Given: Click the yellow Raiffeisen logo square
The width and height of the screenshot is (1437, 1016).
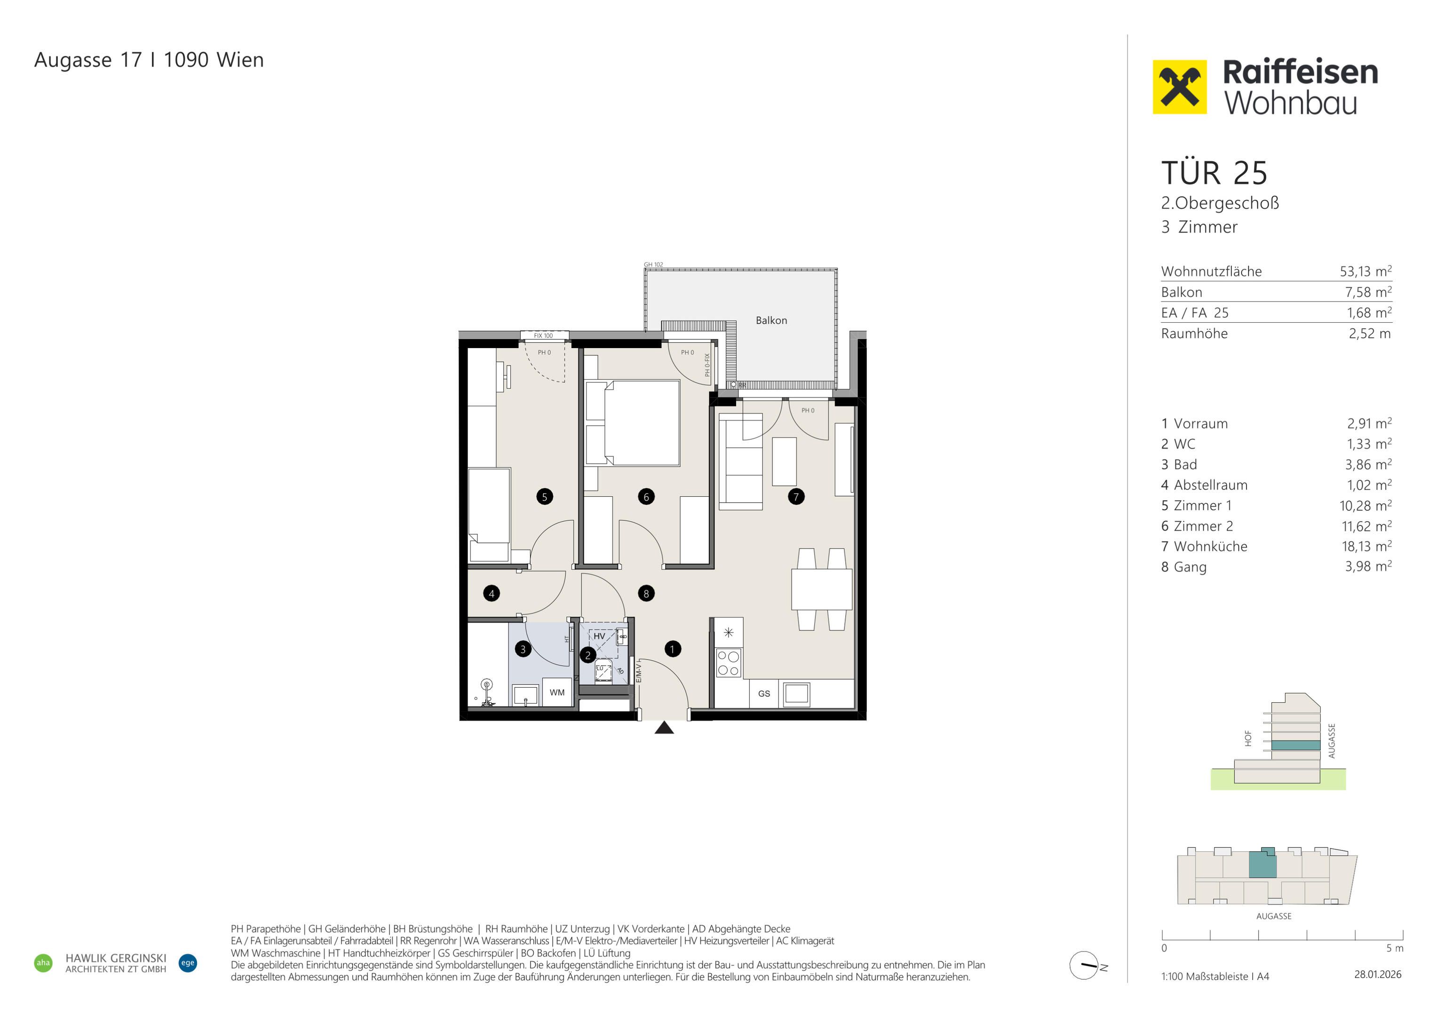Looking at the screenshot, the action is pos(1180,87).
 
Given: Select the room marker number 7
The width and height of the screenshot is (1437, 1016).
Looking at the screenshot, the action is pos(796,497).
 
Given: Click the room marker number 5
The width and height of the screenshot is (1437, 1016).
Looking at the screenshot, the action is pos(545,497).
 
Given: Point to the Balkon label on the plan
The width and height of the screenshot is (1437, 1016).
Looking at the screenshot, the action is pos(771,320).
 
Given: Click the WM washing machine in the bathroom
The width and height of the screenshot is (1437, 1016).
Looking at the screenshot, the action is pos(557,692).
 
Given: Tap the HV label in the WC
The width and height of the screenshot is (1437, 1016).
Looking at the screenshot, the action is pos(599,636).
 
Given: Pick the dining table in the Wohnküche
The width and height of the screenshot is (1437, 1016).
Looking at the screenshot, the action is pos(822,589).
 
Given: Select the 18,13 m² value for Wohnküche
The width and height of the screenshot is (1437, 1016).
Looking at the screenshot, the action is pos(1366,547).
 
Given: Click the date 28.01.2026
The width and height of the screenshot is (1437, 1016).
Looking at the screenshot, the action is pos(1378,975).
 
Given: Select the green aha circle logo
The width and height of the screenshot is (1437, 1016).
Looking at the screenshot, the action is pos(43,963).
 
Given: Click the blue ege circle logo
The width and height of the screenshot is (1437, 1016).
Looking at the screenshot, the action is pos(188,963).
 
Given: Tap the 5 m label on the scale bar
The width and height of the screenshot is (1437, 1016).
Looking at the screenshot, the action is pos(1395,948).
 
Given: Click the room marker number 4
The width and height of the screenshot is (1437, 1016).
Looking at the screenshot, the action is pos(492,594).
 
